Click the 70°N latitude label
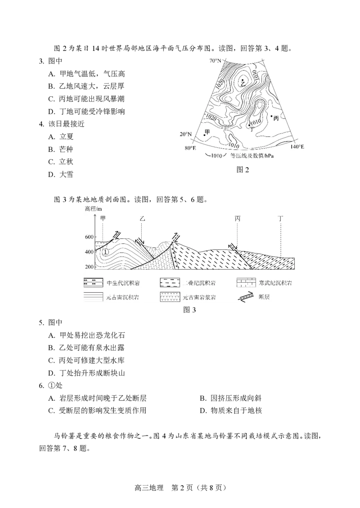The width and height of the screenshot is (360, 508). [215, 60]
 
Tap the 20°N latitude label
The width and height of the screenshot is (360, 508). [186, 134]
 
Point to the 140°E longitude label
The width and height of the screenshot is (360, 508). [297, 147]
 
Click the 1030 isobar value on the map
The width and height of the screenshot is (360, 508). [255, 76]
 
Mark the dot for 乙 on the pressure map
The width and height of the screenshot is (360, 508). [242, 80]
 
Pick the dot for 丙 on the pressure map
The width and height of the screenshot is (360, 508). [271, 116]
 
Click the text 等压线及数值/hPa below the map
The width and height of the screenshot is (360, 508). [252, 156]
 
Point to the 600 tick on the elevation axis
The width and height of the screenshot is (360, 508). [89, 237]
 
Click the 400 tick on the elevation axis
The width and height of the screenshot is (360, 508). [89, 252]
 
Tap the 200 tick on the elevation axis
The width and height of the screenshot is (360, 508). [89, 267]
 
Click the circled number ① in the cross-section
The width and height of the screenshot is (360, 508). [105, 252]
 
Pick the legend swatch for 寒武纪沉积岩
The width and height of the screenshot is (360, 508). [247, 283]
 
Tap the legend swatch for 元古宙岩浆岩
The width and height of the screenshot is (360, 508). [171, 297]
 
